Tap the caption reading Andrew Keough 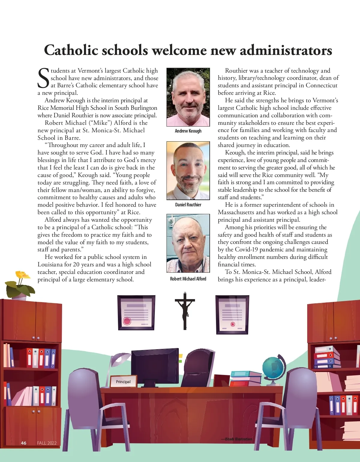point(188,131)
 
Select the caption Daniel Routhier point(188,205)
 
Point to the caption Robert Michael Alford point(188,279)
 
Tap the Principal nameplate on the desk point(123,382)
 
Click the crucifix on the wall point(185,310)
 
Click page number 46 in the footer point(24,443)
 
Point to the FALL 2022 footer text point(47,443)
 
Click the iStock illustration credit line point(237,439)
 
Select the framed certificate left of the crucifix point(136,313)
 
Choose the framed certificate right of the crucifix point(232,315)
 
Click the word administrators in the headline point(286,50)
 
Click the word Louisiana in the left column point(50,265)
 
